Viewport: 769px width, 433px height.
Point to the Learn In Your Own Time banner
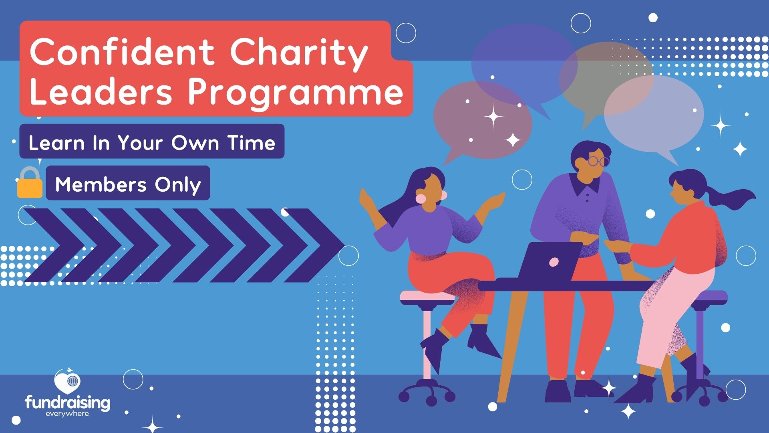coord(152,142)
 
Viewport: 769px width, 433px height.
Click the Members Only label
coord(128,183)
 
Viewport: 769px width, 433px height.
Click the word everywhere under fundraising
coord(67,413)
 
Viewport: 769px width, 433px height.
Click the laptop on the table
coord(549,261)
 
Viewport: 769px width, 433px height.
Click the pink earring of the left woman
coord(421,198)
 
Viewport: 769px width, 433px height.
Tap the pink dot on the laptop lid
coord(554,262)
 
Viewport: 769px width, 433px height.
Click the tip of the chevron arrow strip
coord(344,245)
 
